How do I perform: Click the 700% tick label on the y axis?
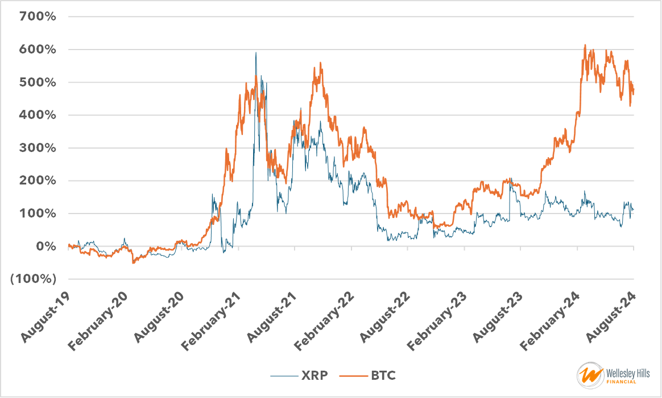pos(37,17)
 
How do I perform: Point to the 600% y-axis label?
pos(37,50)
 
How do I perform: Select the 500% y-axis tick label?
pos(37,83)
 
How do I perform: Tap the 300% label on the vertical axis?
pos(37,148)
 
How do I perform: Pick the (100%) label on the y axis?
pos(34,280)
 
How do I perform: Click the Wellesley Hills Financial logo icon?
pos(589,375)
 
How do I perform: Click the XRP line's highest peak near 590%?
pos(255,53)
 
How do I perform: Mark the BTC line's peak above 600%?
pos(585,45)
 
